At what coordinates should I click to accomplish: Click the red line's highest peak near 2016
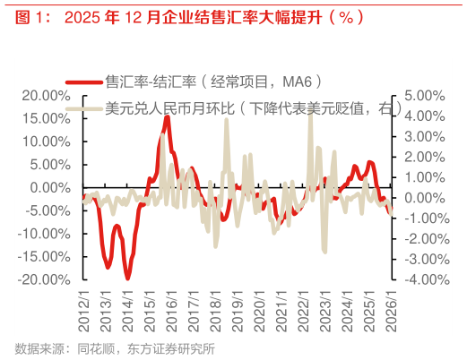(x=168, y=117)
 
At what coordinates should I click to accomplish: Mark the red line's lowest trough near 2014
(x=127, y=278)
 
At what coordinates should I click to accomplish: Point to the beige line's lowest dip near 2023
(x=324, y=252)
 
